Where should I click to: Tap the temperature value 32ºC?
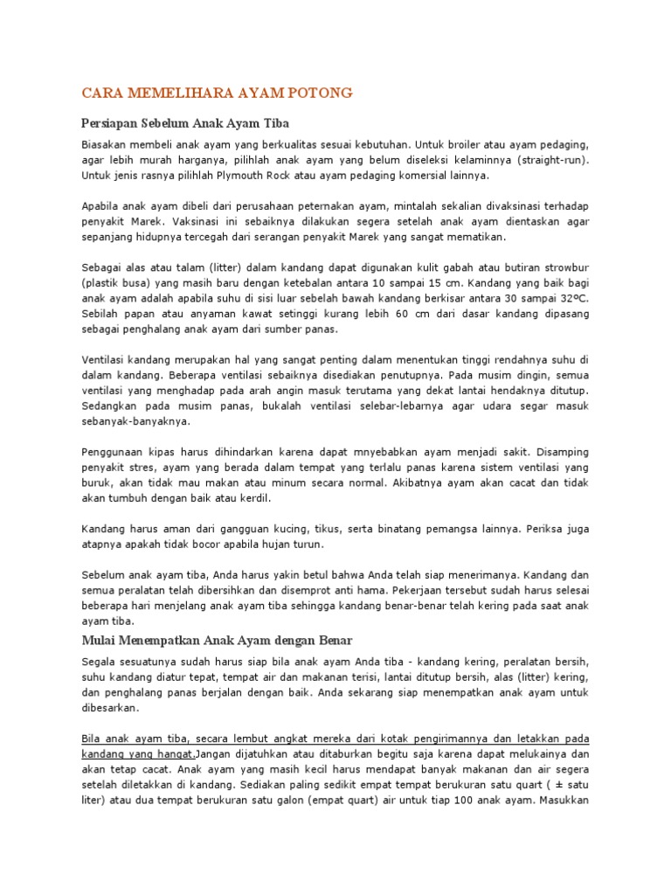tap(573, 299)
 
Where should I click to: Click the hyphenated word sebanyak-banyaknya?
tap(135, 420)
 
